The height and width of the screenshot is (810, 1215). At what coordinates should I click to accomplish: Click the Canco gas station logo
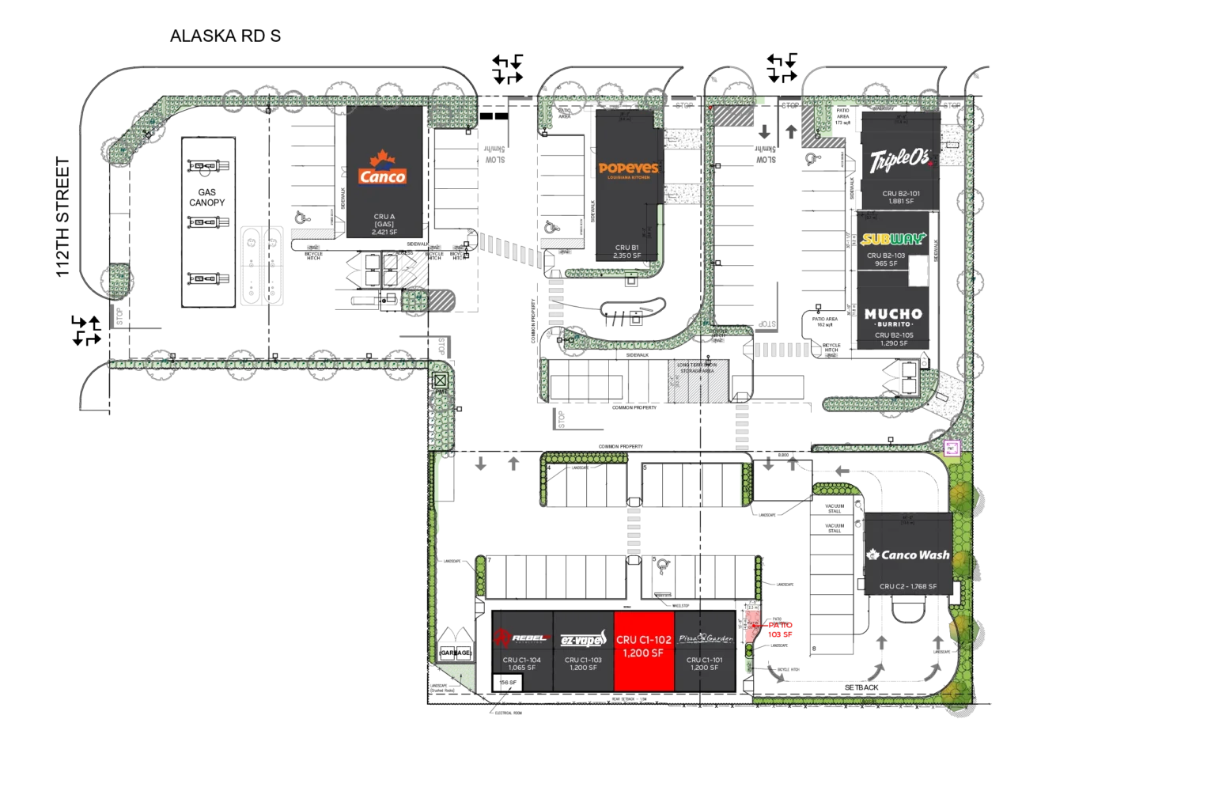(x=383, y=169)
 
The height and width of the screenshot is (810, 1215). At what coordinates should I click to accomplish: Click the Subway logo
(x=893, y=239)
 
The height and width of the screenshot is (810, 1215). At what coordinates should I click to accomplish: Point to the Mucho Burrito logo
(x=893, y=318)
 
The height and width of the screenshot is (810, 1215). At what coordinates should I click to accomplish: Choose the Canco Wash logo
(x=908, y=555)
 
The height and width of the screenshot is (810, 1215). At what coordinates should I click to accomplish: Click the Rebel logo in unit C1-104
(x=521, y=638)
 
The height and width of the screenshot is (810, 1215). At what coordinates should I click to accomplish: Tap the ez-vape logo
(x=583, y=639)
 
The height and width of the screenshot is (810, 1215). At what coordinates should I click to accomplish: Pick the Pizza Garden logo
(x=704, y=638)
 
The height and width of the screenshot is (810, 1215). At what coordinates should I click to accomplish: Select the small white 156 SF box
(x=507, y=683)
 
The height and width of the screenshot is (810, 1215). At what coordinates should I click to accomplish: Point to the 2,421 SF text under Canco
(x=384, y=232)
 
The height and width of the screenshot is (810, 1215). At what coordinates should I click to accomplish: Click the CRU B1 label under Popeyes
(x=627, y=248)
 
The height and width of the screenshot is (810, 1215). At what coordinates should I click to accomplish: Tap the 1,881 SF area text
(x=901, y=202)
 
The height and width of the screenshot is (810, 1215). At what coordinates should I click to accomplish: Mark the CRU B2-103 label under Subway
(x=886, y=255)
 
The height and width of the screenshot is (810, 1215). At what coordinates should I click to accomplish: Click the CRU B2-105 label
(x=894, y=335)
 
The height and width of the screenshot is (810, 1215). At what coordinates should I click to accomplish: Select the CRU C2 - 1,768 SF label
(x=908, y=587)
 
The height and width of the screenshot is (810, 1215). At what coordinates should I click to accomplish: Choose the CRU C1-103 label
(x=583, y=660)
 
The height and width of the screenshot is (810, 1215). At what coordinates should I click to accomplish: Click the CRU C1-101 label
(x=704, y=660)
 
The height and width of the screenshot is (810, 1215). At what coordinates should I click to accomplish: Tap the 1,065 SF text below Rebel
(x=522, y=668)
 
